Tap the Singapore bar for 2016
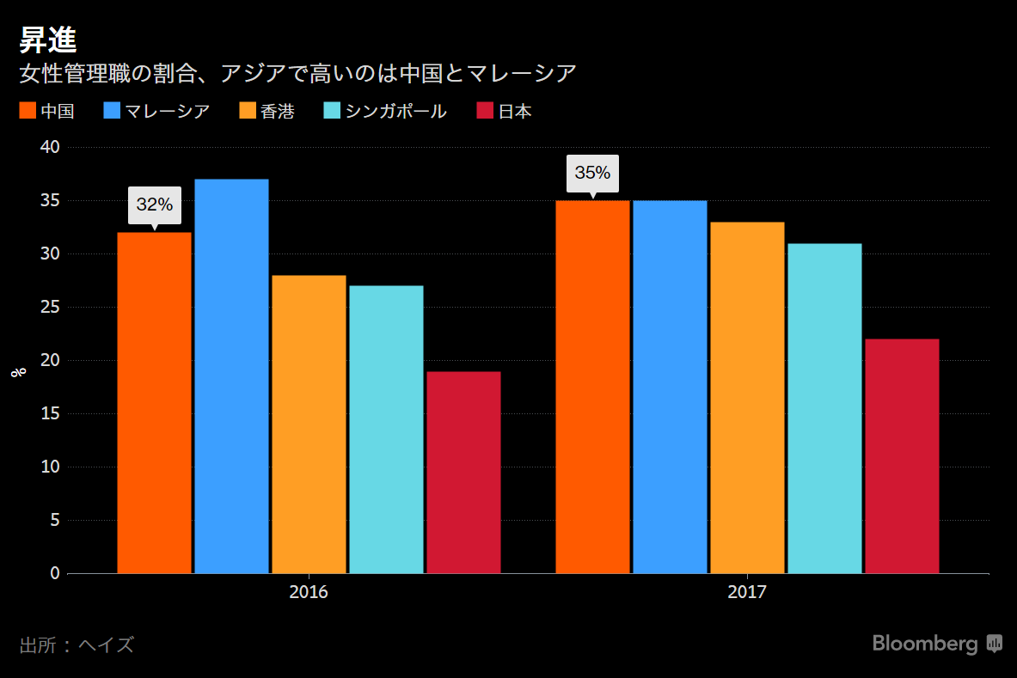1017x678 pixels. click(x=386, y=429)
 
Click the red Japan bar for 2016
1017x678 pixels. click(x=463, y=472)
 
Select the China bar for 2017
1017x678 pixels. click(x=592, y=387)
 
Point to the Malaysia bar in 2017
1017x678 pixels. click(x=670, y=387)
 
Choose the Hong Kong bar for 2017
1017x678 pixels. click(x=747, y=397)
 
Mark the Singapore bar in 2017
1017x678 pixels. click(x=824, y=408)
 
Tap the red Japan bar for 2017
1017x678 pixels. click(x=902, y=455)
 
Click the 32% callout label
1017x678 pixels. click(x=155, y=205)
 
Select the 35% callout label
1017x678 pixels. click(x=592, y=173)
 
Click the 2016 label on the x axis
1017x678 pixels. click(x=309, y=593)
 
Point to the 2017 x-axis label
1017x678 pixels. click(x=747, y=593)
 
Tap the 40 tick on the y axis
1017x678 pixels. click(x=50, y=147)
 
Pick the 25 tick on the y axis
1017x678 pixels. click(x=50, y=307)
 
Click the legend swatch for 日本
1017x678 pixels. click(x=485, y=111)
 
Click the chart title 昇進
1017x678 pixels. click(x=48, y=40)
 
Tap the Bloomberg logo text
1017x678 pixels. click(x=925, y=644)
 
